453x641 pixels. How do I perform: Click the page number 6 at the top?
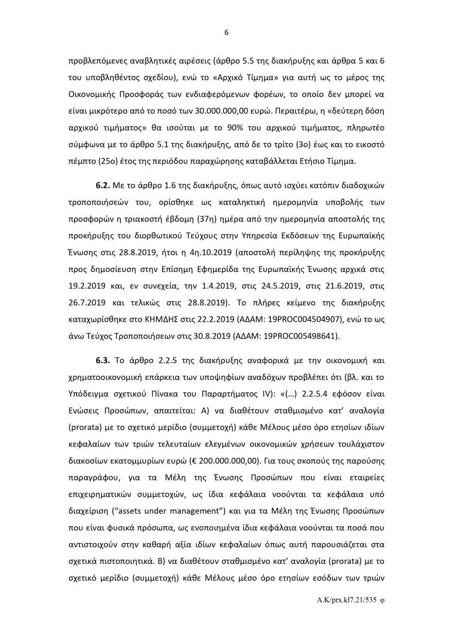pyautogui.click(x=226, y=32)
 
